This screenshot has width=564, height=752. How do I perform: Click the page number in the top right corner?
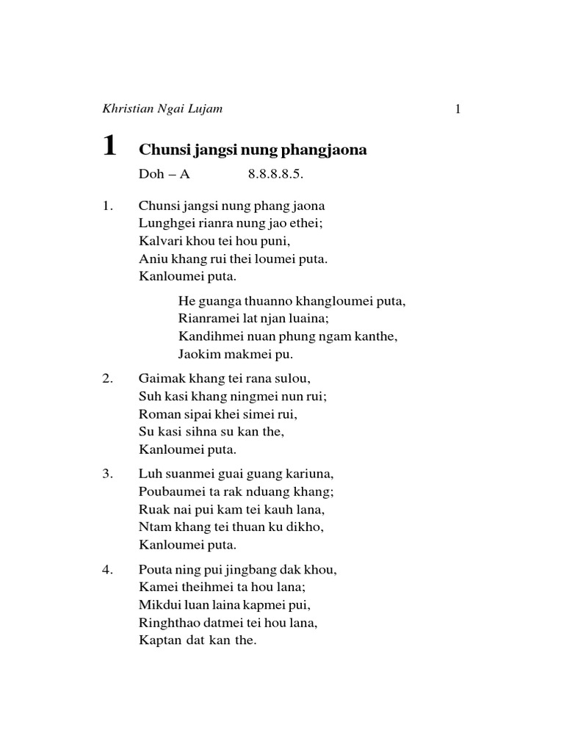[x=458, y=109]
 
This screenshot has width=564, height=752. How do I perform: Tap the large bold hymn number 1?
[x=109, y=146]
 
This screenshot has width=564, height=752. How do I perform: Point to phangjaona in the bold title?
[x=328, y=151]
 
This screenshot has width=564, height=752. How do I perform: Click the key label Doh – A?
[x=159, y=176]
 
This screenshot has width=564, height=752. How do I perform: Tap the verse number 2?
[x=107, y=379]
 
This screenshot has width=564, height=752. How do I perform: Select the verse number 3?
[x=107, y=474]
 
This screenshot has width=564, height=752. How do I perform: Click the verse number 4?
[x=107, y=570]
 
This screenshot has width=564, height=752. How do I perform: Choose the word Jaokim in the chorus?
[x=198, y=354]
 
